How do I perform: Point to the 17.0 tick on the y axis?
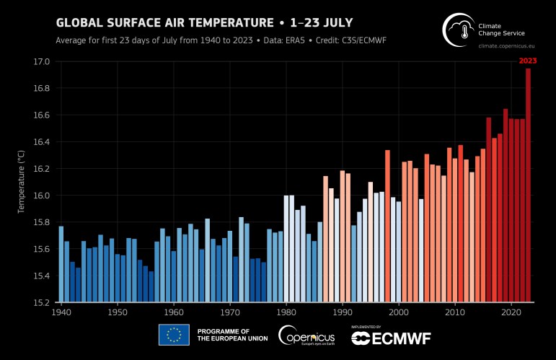(40, 62)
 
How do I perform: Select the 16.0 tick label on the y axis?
(40, 196)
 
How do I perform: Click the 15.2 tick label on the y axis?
(40, 302)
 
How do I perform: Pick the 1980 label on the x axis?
(286, 313)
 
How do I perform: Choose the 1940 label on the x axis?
(61, 313)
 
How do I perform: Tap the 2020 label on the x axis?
(511, 313)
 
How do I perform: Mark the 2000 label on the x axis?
(399, 313)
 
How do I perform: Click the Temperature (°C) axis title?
(22, 181)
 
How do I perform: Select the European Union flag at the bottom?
(174, 335)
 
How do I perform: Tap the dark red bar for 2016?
(489, 209)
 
